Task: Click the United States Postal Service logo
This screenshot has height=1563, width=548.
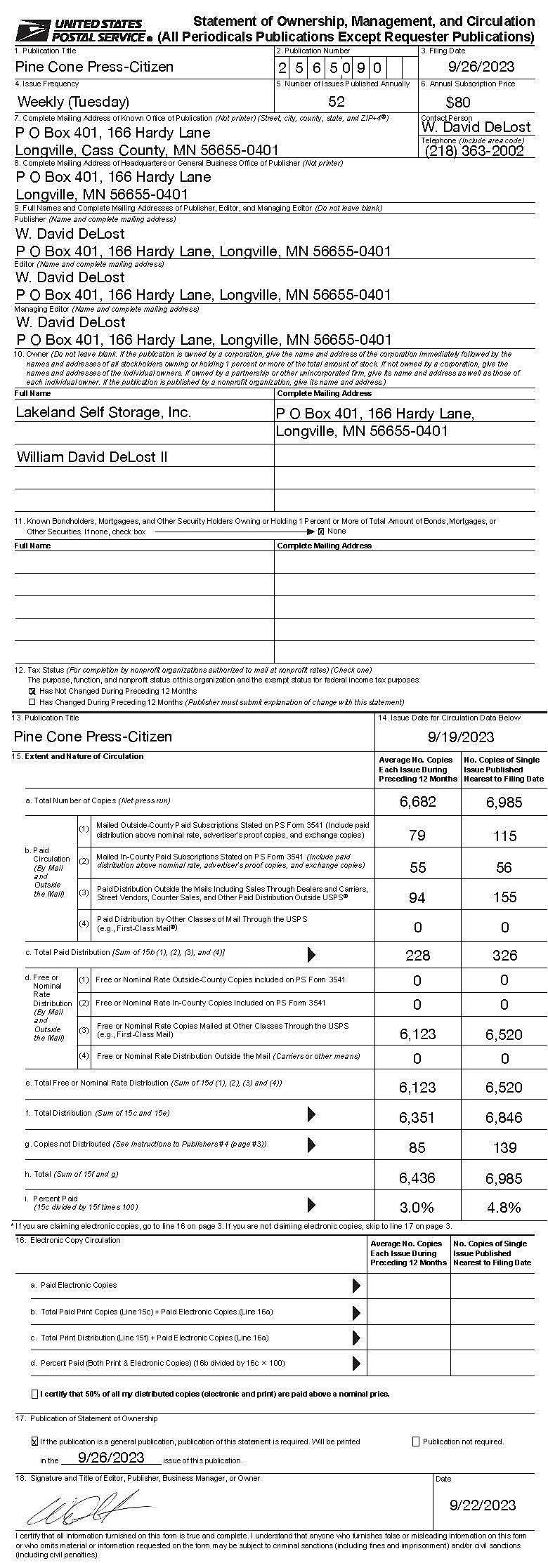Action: coord(82,30)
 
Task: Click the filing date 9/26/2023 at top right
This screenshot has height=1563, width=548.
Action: coord(481,67)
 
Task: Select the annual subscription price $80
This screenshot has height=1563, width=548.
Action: coord(459,102)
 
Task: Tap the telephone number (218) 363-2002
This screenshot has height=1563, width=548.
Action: coord(475,151)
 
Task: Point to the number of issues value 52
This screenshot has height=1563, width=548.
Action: coord(337,102)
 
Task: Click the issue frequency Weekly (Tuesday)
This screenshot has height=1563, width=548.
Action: coord(73,102)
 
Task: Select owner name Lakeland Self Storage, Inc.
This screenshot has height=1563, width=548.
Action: coord(103,412)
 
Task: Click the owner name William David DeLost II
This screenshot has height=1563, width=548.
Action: coord(92,457)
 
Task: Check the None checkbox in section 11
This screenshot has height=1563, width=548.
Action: coord(321,531)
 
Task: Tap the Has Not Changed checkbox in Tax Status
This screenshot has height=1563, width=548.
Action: coord(32,691)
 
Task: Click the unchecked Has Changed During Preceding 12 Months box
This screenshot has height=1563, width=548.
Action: coord(32,702)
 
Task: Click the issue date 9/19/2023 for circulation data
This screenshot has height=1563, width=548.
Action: coord(461,737)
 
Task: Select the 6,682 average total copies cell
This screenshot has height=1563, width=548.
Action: coord(418,802)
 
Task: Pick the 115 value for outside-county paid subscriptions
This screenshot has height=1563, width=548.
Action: coord(504,836)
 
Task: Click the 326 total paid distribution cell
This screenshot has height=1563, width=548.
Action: coord(504,956)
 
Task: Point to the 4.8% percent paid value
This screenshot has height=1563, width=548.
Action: coord(504,1208)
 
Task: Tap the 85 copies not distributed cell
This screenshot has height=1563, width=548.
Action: coord(417,1148)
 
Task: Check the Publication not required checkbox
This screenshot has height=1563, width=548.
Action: coord(416,1442)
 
